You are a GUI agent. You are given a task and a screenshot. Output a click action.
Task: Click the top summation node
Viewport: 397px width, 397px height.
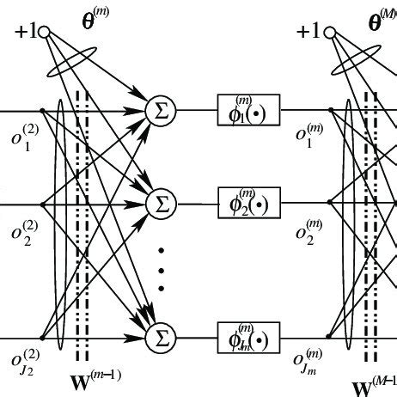point(159,110)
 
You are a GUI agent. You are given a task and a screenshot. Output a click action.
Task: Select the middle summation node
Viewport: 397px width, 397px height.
point(159,204)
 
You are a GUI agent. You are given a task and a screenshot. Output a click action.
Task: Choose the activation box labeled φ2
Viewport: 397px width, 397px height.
point(249,205)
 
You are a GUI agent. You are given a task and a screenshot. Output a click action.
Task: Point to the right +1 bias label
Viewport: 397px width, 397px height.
point(311,33)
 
